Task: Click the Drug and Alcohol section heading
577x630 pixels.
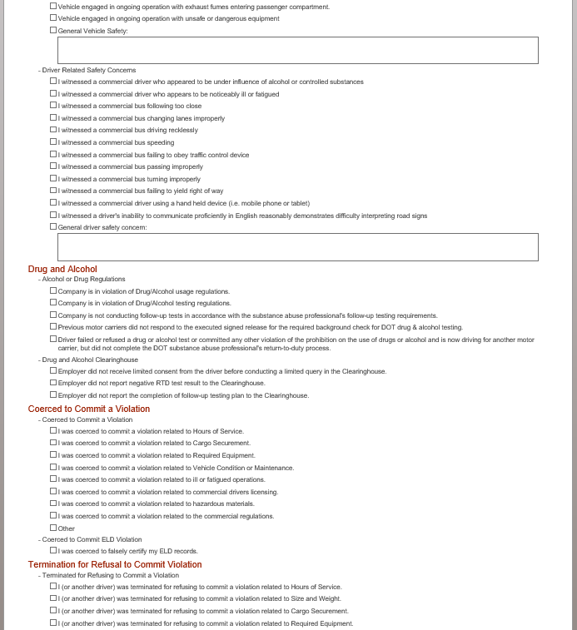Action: (x=62, y=269)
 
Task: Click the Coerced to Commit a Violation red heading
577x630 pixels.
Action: (x=89, y=409)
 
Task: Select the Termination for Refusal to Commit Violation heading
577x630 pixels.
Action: (x=115, y=564)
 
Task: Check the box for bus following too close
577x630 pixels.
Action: (x=53, y=106)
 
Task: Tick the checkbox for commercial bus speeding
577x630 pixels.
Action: (x=53, y=142)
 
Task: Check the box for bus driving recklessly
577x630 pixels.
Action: (x=53, y=130)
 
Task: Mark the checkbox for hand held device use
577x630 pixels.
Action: (x=53, y=202)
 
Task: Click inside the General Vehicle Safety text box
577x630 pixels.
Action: (x=297, y=50)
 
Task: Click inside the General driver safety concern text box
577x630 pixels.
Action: (x=297, y=247)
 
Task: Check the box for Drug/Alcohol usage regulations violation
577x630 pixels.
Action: (x=53, y=290)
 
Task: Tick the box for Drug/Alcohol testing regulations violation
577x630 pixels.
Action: (x=53, y=303)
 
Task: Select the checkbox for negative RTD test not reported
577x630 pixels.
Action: (x=53, y=383)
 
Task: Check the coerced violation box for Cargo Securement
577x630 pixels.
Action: (x=53, y=443)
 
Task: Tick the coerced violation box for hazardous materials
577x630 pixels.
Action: (x=53, y=504)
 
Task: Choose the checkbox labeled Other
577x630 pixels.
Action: (x=53, y=528)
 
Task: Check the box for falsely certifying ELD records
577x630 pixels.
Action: (x=53, y=550)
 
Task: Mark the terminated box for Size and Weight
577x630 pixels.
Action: (x=53, y=598)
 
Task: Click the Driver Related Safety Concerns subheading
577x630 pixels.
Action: (x=88, y=70)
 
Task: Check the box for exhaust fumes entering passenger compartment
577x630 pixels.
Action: (x=53, y=6)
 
